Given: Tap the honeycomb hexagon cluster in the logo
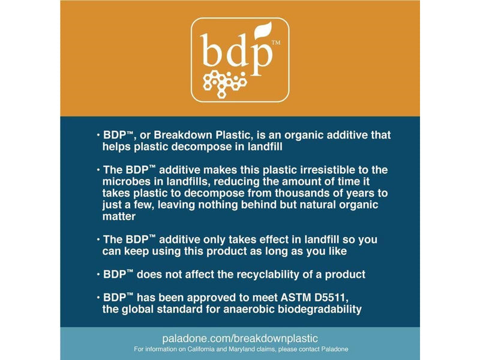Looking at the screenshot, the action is (224, 84).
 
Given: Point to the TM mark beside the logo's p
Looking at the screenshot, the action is (276, 43).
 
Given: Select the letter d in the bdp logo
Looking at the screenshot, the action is (235, 50).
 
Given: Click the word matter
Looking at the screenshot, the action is (119, 217).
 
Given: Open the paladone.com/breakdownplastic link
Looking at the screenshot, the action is (240, 338).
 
